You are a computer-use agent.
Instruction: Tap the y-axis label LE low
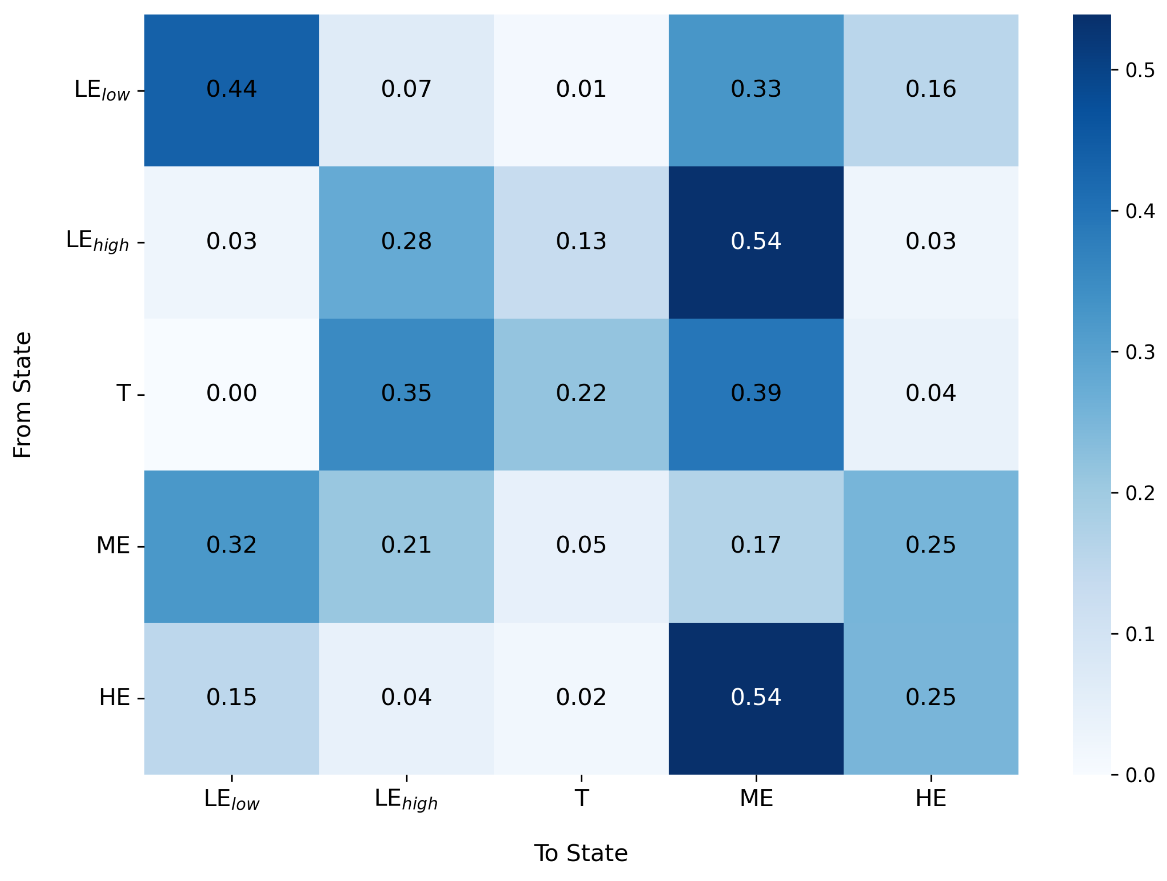(x=102, y=90)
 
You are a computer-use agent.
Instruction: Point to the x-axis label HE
(x=931, y=799)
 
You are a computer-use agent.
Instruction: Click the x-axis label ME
(x=756, y=799)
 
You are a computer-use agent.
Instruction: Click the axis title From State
(x=23, y=395)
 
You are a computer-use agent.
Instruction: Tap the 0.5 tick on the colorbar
(x=1140, y=70)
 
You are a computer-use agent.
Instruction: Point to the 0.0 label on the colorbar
(x=1140, y=775)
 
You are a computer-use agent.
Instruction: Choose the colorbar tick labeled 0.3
(x=1140, y=352)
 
